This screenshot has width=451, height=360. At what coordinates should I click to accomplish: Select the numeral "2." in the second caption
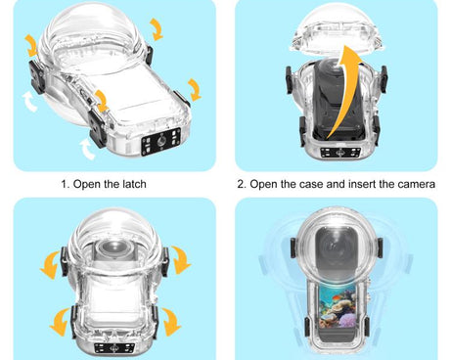pos(242,183)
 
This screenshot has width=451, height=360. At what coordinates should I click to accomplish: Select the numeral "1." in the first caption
pos(66,183)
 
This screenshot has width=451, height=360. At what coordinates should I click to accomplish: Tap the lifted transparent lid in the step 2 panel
pos(338,37)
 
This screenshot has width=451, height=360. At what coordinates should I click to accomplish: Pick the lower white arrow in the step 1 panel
pos(88,148)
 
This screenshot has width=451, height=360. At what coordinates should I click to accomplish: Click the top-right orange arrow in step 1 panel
pos(157,26)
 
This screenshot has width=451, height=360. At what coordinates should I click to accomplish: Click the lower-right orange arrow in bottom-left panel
pos(170,320)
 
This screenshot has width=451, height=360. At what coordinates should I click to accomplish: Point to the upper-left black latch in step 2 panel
pos(284,78)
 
